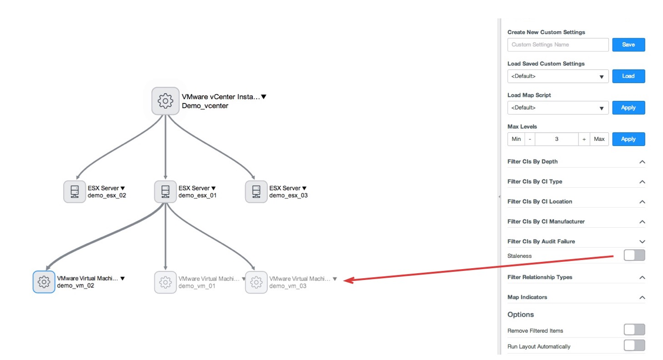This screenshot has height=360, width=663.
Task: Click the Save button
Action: tap(628, 45)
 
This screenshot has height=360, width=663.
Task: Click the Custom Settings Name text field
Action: tap(558, 45)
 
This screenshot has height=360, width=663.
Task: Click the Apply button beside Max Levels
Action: tap(628, 139)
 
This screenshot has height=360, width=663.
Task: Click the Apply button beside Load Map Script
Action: tap(628, 108)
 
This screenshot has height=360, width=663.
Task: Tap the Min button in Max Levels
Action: tap(516, 139)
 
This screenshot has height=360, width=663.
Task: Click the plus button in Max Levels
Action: tap(584, 139)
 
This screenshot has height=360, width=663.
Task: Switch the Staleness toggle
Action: tap(634, 255)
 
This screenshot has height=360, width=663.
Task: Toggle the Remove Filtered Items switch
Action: tap(634, 330)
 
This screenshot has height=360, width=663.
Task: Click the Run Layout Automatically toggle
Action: tap(634, 345)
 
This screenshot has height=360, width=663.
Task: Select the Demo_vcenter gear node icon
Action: tap(166, 101)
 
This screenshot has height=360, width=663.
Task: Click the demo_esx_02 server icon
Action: tap(75, 192)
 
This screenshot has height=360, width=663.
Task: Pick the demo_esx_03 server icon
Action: tap(256, 192)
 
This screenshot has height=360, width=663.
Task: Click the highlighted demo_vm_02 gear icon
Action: tap(44, 282)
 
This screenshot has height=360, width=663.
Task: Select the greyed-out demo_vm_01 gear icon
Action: tap(166, 282)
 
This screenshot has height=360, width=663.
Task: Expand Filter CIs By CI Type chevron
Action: tap(642, 182)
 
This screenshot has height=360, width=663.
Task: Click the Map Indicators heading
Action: tap(527, 297)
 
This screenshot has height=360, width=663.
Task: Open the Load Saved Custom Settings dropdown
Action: tap(558, 76)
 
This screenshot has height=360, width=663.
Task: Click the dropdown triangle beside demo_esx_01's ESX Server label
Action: tap(213, 188)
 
